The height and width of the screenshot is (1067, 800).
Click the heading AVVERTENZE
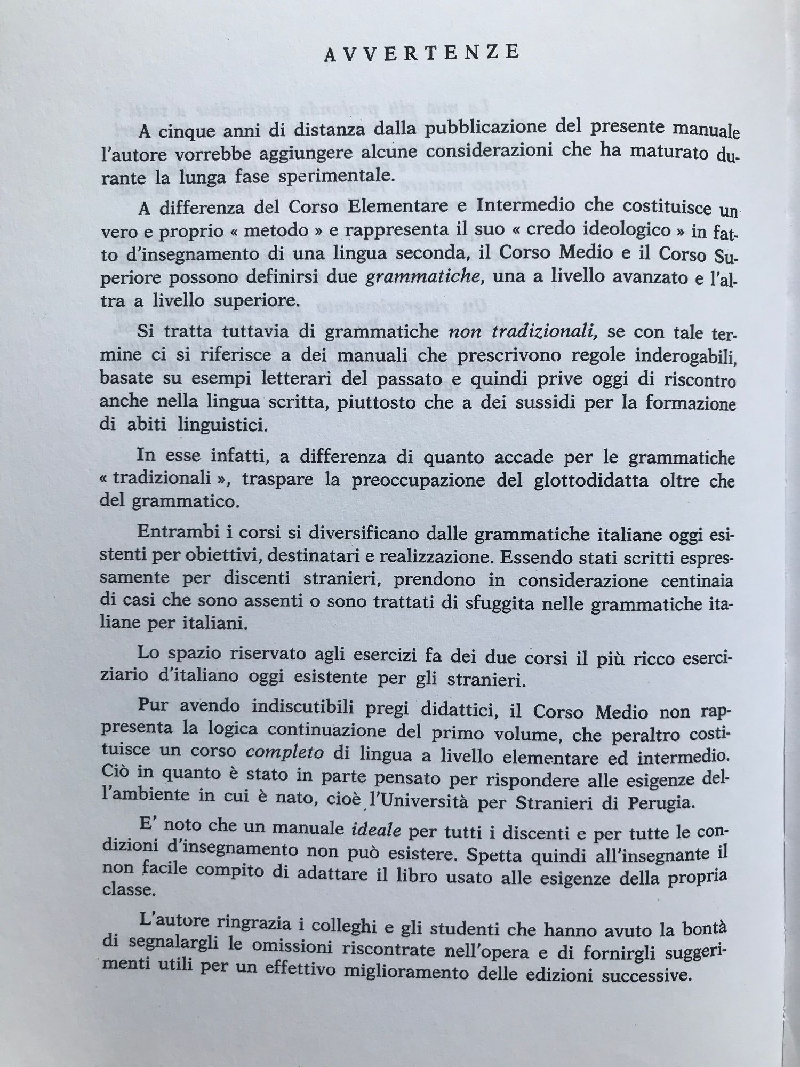click(x=422, y=53)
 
